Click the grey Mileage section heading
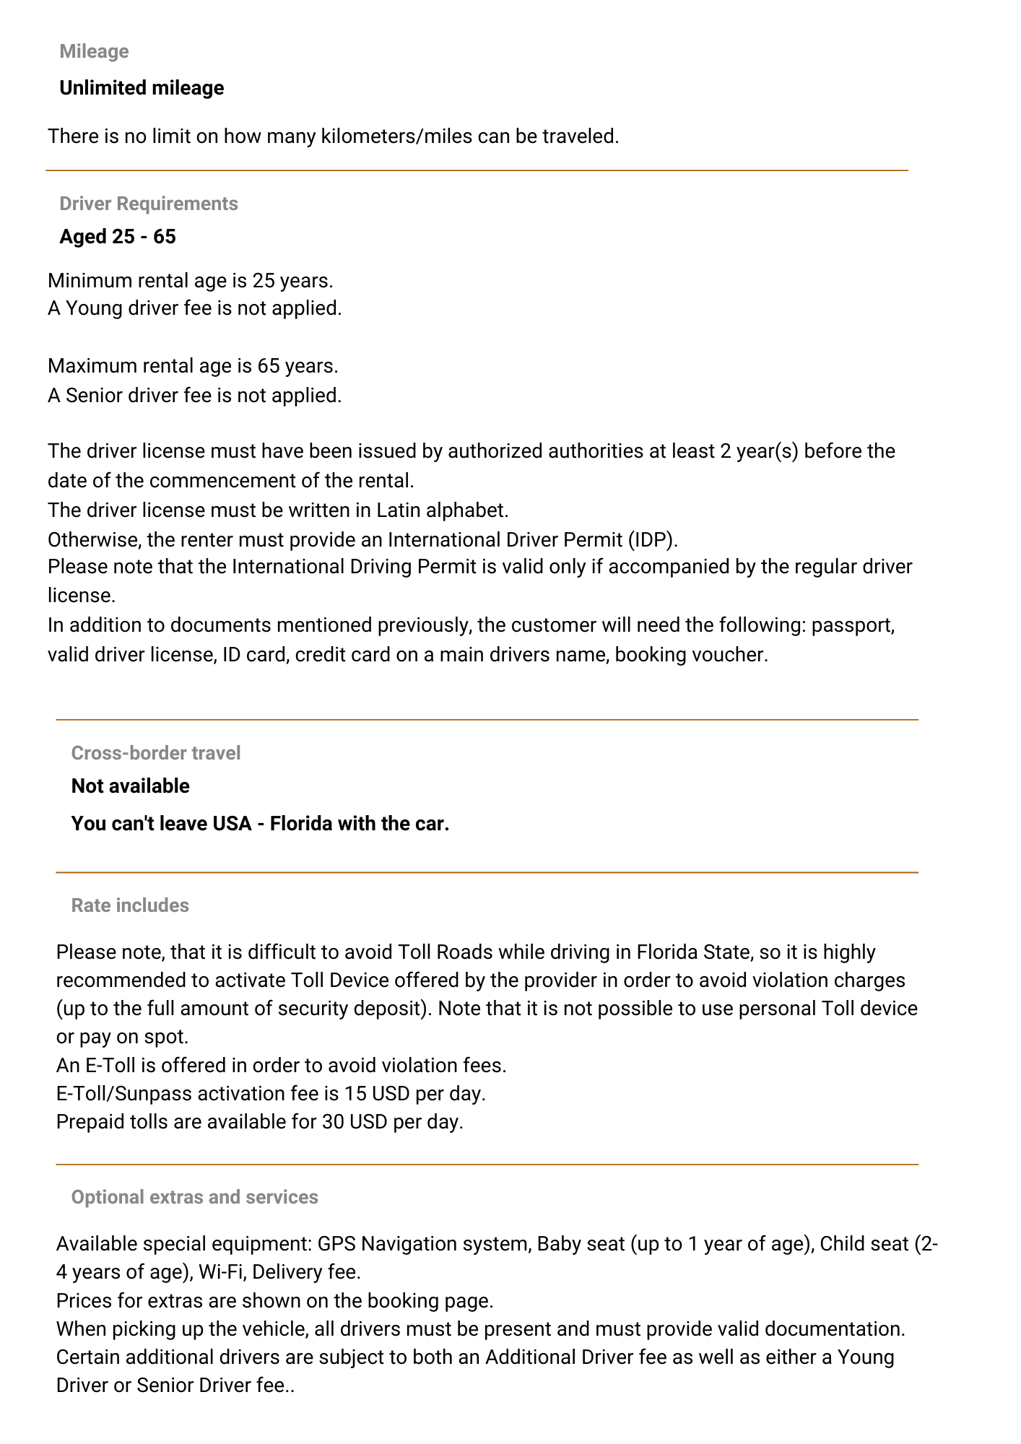pyautogui.click(x=94, y=51)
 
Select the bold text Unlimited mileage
pyautogui.click(x=142, y=88)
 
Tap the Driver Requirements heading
pyautogui.click(x=148, y=204)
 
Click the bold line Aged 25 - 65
pyautogui.click(x=117, y=237)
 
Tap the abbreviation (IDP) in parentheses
pyautogui.click(x=652, y=540)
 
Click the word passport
pyautogui.click(x=853, y=625)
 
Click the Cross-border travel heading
pyautogui.click(x=156, y=753)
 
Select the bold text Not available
pyautogui.click(x=130, y=786)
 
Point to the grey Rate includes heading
pyautogui.click(x=130, y=905)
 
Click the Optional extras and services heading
pyautogui.click(x=194, y=1197)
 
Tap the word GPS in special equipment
pyautogui.click(x=336, y=1244)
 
